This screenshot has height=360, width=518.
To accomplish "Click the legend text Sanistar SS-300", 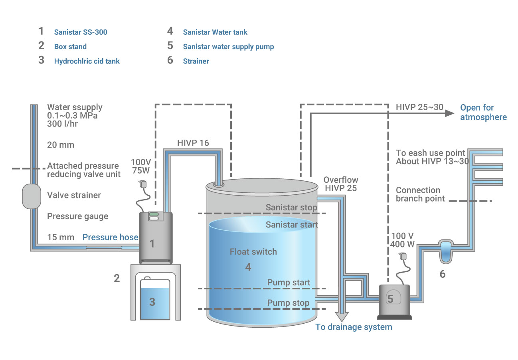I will click(x=81, y=32).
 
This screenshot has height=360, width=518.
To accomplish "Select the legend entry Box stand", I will click(x=70, y=47).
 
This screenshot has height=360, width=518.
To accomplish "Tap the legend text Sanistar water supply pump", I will click(x=228, y=47).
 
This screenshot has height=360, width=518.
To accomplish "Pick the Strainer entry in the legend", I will click(x=196, y=61).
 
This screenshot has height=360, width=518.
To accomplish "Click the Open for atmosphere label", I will click(x=483, y=112).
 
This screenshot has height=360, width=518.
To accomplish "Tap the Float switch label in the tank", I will click(x=253, y=252).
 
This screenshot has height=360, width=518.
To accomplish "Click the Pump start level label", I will click(x=289, y=283).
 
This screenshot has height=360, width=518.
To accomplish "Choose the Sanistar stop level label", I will click(x=291, y=208).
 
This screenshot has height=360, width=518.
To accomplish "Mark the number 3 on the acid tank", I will click(x=152, y=302).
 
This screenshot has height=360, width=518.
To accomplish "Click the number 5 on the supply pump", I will click(x=390, y=299).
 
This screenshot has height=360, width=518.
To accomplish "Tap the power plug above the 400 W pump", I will click(x=403, y=256).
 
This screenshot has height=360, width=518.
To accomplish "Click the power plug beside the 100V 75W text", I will click(x=142, y=184).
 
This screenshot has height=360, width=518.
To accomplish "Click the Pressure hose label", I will click(x=110, y=237).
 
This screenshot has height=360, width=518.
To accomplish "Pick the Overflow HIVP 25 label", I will click(x=340, y=184).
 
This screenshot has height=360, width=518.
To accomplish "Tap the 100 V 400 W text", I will click(x=403, y=239).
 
